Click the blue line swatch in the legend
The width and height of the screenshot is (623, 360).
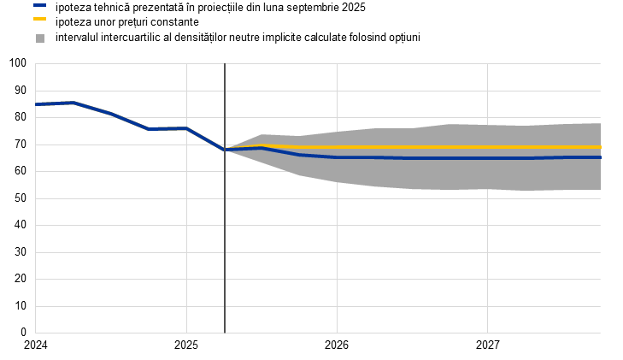tap(40, 5)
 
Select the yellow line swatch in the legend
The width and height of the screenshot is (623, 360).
tap(40, 18)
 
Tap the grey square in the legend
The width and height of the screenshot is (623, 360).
tap(40, 38)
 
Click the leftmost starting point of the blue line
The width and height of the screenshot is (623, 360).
tap(36, 104)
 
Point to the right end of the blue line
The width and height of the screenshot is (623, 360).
tap(600, 157)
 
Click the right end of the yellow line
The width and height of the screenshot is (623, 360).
tap(600, 147)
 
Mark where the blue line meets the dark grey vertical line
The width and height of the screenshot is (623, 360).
tap(225, 150)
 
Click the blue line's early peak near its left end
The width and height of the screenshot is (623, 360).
tap(73, 103)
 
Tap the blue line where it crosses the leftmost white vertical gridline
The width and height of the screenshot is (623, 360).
tap(186, 128)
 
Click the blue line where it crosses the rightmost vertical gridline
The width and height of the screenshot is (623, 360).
tap(487, 158)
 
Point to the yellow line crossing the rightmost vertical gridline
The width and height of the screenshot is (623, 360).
tap(487, 147)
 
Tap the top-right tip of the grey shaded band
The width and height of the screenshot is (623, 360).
tap(599, 123)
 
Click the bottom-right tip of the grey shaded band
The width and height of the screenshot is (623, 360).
tap(599, 189)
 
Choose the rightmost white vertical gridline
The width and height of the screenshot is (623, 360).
tap(487, 257)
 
